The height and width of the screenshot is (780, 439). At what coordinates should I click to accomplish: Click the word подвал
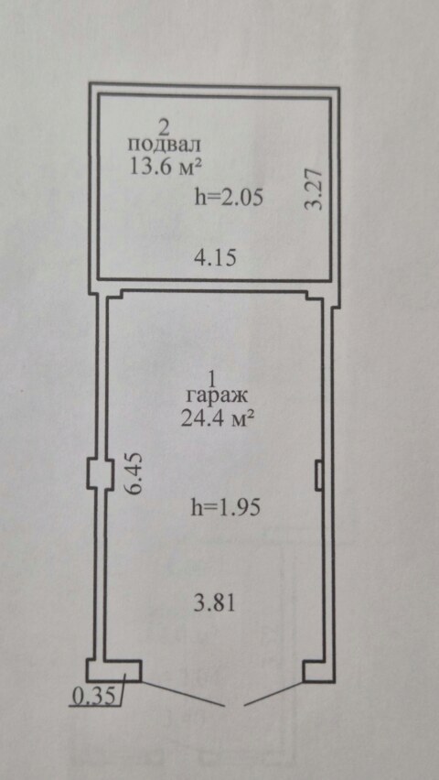[165, 146]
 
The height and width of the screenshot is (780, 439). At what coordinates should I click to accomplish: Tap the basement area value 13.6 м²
[166, 166]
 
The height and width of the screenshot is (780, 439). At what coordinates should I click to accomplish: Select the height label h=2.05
[229, 198]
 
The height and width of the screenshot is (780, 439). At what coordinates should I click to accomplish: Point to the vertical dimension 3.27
[315, 190]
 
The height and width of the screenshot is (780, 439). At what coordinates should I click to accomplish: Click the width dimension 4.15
[215, 258]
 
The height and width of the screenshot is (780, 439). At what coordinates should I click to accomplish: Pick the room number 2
[163, 128]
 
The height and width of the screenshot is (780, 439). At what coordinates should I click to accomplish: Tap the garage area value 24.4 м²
[218, 418]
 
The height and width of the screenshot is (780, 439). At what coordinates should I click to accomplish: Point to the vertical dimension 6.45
[134, 472]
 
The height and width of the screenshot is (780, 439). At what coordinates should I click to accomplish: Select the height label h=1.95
[226, 508]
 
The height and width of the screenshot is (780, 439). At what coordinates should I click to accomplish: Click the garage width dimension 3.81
[214, 603]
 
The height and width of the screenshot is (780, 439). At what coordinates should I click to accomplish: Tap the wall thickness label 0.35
[94, 696]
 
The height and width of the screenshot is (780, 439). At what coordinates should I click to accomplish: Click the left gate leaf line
[183, 693]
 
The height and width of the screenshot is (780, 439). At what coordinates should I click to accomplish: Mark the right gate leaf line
[273, 693]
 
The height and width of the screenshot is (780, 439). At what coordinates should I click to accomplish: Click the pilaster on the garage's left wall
[96, 473]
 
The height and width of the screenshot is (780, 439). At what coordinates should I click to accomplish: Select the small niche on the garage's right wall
[319, 474]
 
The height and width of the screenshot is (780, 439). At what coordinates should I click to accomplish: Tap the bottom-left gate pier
[113, 670]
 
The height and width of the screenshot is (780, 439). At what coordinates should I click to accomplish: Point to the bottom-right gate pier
[318, 670]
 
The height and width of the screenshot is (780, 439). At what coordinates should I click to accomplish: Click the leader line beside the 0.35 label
[123, 689]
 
